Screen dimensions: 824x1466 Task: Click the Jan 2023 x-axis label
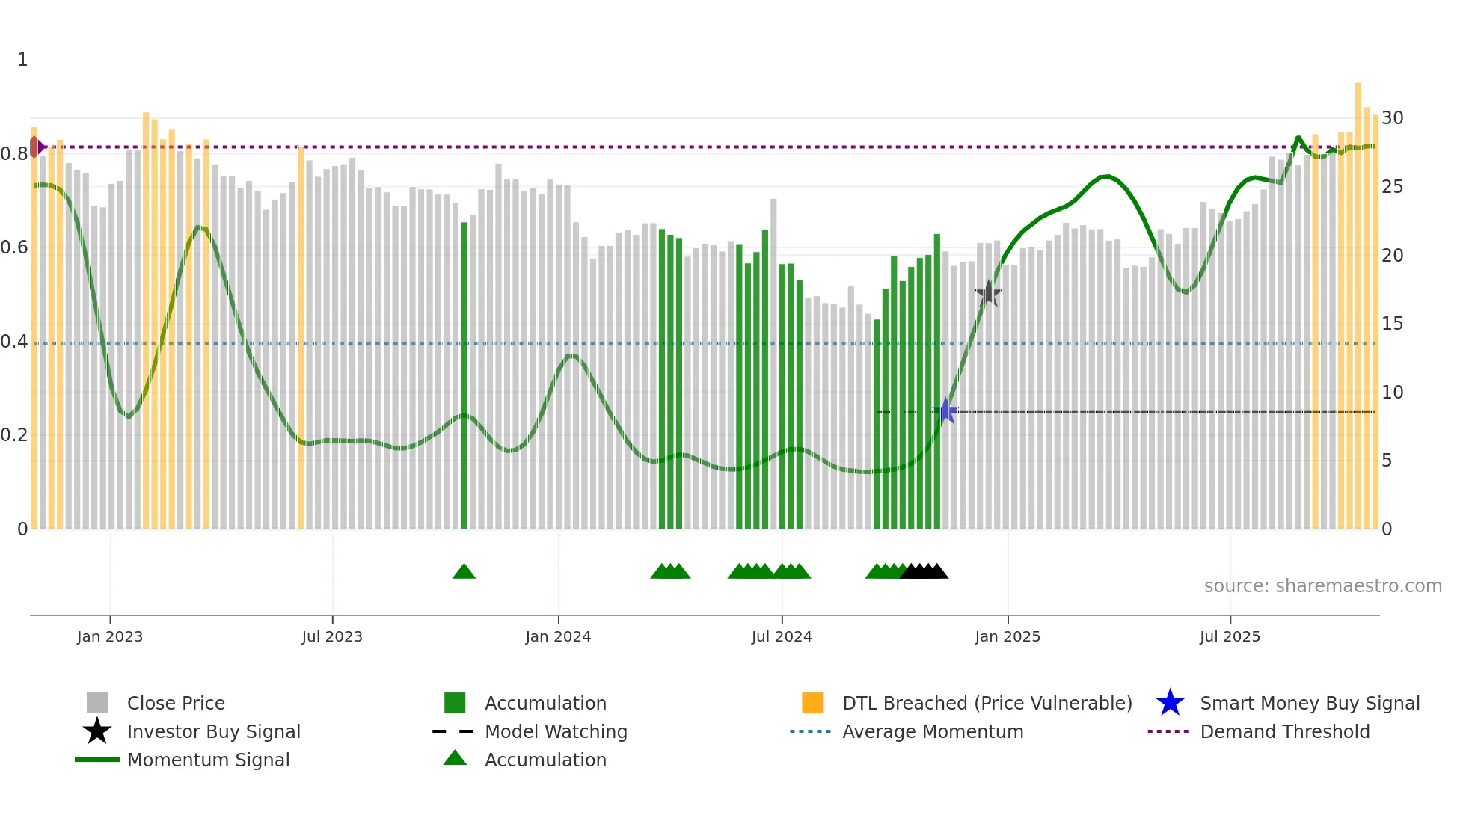(110, 636)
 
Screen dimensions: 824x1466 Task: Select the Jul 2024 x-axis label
(782, 636)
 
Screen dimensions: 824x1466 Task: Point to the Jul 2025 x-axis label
(1230, 636)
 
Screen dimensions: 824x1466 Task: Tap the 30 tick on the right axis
(1392, 118)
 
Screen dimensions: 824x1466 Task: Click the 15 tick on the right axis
(1392, 324)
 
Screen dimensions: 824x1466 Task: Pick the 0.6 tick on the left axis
(14, 247)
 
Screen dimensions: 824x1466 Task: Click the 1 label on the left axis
(22, 60)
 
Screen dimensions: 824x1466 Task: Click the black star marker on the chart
(988, 294)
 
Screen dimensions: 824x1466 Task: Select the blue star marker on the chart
(946, 411)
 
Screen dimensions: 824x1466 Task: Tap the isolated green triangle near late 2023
(464, 572)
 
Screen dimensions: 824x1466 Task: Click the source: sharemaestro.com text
(1322, 586)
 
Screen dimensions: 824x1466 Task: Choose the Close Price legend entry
(176, 703)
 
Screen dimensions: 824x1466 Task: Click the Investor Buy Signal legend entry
(213, 731)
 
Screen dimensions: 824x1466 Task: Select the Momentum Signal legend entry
(208, 760)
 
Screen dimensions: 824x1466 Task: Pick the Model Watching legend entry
(556, 731)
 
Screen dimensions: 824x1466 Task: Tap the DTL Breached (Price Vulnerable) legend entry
(987, 703)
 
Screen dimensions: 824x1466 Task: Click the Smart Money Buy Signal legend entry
(1309, 703)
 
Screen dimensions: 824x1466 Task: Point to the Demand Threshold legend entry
(1284, 731)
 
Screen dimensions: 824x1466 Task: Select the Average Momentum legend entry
(933, 731)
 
